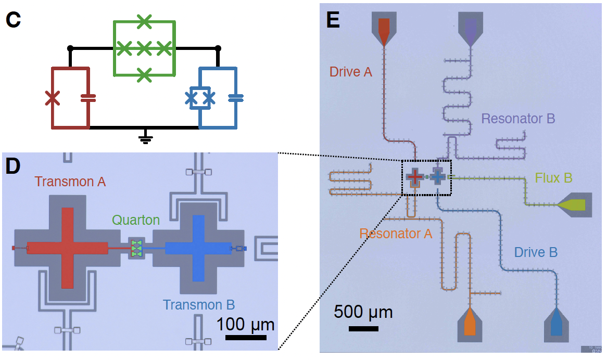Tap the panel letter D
13,166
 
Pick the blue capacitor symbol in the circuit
236,97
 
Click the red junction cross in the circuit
52,97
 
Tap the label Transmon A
70,182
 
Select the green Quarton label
136,220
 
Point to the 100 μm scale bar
246,337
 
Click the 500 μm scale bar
363,328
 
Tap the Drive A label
351,72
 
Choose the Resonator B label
518,119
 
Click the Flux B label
554,178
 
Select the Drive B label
536,252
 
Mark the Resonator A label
396,234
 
